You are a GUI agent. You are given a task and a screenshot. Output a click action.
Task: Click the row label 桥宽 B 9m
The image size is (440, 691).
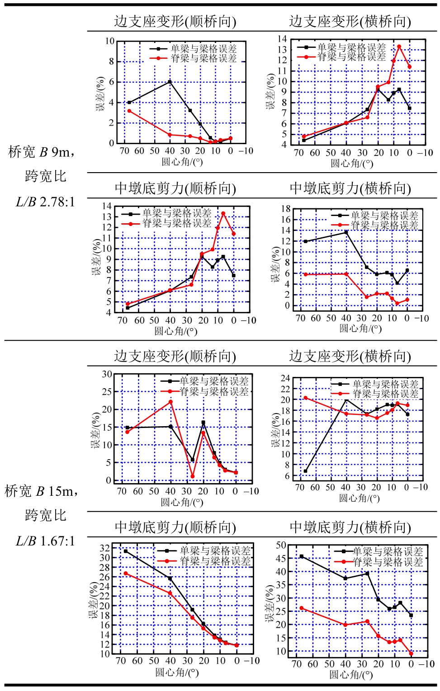(x=41, y=152)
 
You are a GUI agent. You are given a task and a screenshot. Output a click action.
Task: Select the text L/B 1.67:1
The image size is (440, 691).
(x=45, y=541)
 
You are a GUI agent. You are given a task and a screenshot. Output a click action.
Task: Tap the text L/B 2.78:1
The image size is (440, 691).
(x=45, y=202)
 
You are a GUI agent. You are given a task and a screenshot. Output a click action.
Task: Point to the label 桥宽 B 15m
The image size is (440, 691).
(x=41, y=491)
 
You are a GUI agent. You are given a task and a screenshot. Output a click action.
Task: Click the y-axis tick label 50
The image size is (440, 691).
(x=281, y=545)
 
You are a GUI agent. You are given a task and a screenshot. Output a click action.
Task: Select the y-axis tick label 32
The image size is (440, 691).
(x=104, y=548)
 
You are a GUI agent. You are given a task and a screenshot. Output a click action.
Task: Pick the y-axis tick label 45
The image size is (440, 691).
(x=281, y=559)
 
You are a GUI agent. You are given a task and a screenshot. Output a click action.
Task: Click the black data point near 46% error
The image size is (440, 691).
(x=302, y=556)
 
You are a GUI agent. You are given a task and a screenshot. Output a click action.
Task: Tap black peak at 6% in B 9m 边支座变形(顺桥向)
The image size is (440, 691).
(x=170, y=82)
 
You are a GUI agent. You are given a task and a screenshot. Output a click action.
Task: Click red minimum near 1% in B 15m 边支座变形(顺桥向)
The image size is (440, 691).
(x=193, y=476)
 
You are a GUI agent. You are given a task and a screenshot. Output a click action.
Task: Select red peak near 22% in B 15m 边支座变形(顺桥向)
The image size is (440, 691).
(x=170, y=402)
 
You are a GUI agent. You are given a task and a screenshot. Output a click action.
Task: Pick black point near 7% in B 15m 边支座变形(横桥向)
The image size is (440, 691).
(x=305, y=471)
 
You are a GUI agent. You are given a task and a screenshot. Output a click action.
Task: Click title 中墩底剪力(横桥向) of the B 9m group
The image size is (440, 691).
(x=350, y=188)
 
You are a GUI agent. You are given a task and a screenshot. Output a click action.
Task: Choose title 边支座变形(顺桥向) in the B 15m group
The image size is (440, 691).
(x=175, y=356)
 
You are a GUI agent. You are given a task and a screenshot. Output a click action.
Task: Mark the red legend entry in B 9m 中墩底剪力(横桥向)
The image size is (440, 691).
(x=375, y=225)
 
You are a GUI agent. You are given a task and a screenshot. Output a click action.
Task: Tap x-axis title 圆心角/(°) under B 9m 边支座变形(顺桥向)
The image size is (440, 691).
(x=182, y=162)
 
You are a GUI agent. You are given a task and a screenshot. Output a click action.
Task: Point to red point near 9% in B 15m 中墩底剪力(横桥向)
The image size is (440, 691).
(x=411, y=653)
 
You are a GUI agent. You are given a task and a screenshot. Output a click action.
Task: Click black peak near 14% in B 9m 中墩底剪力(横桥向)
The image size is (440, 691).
(x=346, y=232)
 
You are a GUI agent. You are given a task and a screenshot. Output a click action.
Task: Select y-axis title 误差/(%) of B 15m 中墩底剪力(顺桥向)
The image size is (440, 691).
(x=94, y=599)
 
